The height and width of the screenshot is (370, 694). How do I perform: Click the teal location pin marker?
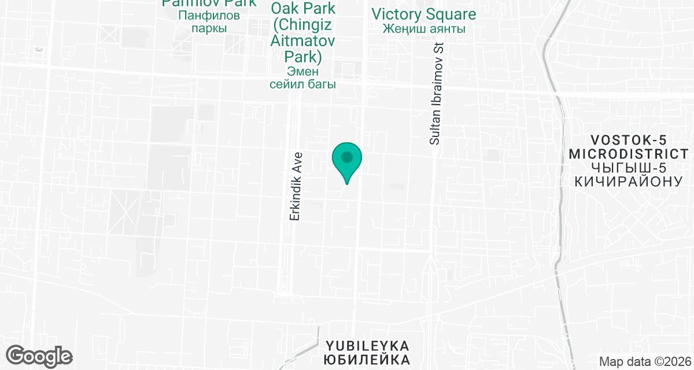(x=346, y=161)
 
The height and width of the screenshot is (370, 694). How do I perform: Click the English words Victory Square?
(x=424, y=14)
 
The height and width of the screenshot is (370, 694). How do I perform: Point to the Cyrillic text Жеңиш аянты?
(x=424, y=29)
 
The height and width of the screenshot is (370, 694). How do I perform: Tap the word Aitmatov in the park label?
(x=302, y=42)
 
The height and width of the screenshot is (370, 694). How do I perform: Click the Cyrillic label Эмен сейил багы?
(x=302, y=77)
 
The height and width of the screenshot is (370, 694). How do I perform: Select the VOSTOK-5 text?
(x=630, y=140)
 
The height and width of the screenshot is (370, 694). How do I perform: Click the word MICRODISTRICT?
(x=630, y=154)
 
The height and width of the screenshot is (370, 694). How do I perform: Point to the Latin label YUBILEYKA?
(x=367, y=346)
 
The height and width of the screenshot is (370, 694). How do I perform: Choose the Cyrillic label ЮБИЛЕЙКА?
(x=367, y=360)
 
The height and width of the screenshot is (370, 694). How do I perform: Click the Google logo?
(x=39, y=356)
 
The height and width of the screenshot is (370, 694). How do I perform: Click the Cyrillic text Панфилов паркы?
(x=208, y=21)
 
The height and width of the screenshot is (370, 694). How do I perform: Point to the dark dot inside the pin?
(x=346, y=157)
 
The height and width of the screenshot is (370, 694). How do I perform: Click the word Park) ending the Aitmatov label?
(x=302, y=57)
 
